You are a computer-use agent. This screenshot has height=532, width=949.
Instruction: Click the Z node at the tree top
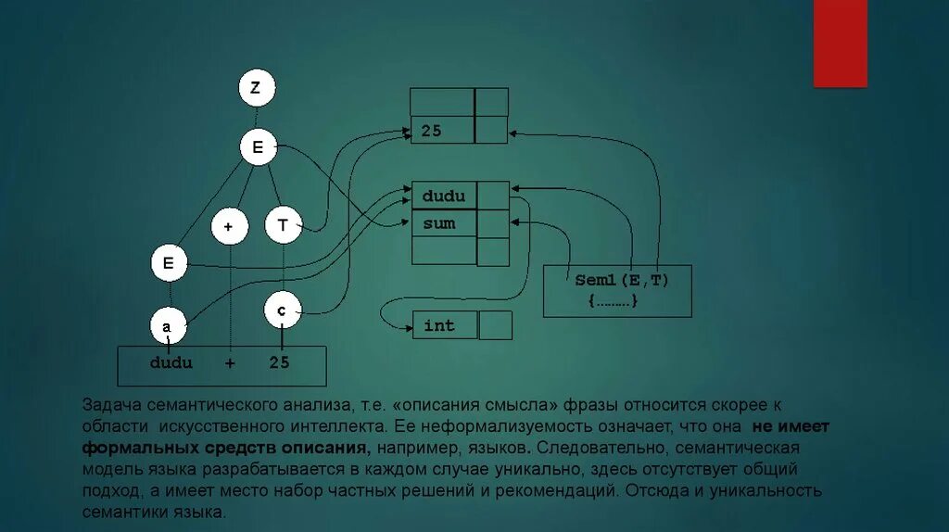(x=256, y=89)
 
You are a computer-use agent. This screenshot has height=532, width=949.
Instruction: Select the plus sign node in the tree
(x=228, y=225)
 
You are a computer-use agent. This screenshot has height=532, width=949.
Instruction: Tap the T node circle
(x=283, y=225)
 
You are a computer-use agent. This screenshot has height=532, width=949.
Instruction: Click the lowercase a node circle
(x=168, y=326)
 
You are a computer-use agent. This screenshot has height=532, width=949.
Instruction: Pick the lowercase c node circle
(x=281, y=312)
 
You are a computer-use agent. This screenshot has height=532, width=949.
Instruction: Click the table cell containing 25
(x=443, y=131)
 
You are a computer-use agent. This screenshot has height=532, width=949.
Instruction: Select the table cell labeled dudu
(x=444, y=196)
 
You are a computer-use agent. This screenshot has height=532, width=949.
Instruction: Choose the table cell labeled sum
(x=444, y=223)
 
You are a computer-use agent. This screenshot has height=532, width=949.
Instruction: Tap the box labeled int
(x=445, y=325)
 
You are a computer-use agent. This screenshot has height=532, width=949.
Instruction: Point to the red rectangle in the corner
(x=840, y=43)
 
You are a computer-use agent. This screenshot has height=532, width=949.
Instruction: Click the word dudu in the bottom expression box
(x=171, y=363)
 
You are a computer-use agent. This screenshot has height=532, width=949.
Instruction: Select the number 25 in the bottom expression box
(x=280, y=363)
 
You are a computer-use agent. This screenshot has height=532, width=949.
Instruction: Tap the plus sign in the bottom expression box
(x=229, y=363)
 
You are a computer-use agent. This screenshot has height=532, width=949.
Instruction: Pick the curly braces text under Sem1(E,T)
(x=614, y=301)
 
